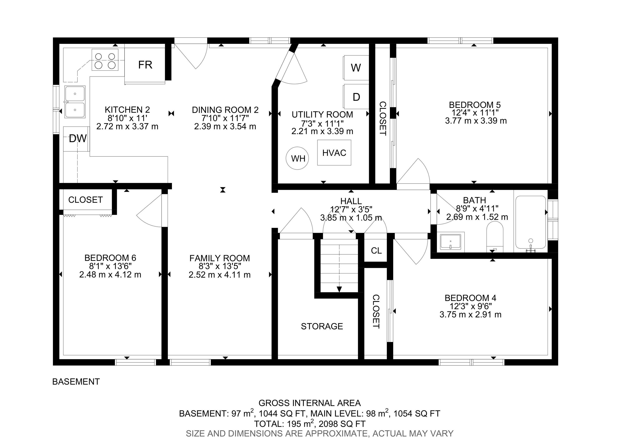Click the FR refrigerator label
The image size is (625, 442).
145,65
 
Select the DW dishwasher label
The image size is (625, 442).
78,139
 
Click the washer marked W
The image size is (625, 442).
356,68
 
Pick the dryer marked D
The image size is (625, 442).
356,97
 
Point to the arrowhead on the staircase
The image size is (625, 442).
339,289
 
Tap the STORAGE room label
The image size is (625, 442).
322,326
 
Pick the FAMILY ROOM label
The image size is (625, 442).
219,258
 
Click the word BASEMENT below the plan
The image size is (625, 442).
76,382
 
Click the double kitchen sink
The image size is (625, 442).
75,102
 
